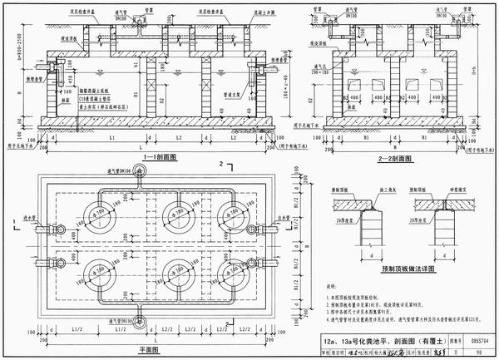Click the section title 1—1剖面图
tap(155, 156)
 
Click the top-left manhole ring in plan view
tap(102, 215)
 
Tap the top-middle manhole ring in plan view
tap(174, 215)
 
